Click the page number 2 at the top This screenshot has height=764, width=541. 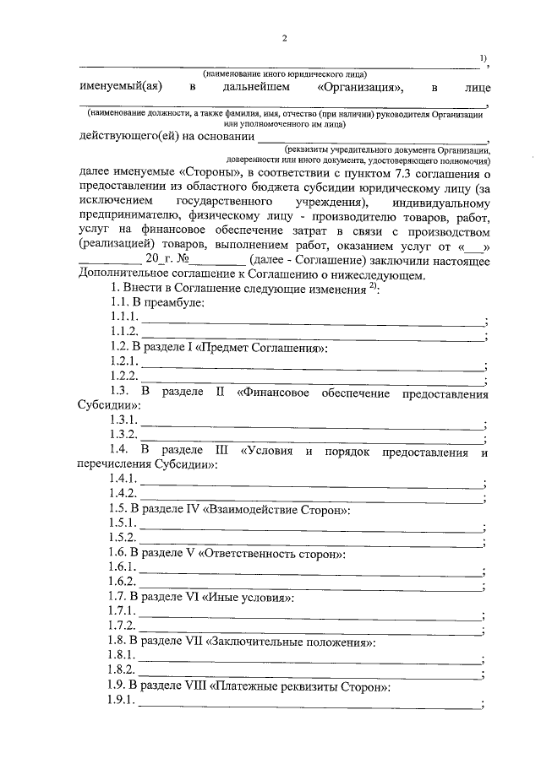coord(285,38)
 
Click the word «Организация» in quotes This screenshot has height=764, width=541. coord(360,87)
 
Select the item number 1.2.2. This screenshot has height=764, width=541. coord(123,375)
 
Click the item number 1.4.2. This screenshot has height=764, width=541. coord(123,492)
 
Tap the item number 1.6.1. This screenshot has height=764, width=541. coord(123,568)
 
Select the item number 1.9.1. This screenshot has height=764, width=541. coord(123,703)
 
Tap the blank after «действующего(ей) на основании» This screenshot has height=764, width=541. coord(372,137)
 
